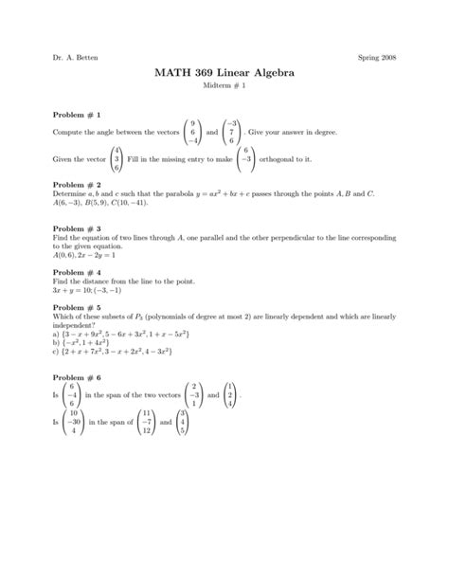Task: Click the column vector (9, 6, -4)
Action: (193, 134)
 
